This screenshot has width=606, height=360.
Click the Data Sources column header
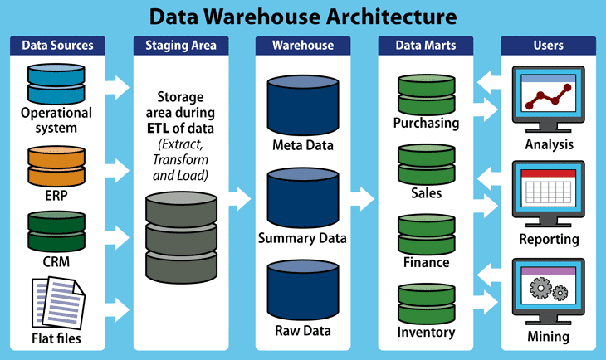57,45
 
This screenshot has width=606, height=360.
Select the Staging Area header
181,45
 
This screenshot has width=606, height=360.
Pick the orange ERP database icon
56,166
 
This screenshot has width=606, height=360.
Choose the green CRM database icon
56,231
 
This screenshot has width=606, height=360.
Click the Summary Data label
302,238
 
